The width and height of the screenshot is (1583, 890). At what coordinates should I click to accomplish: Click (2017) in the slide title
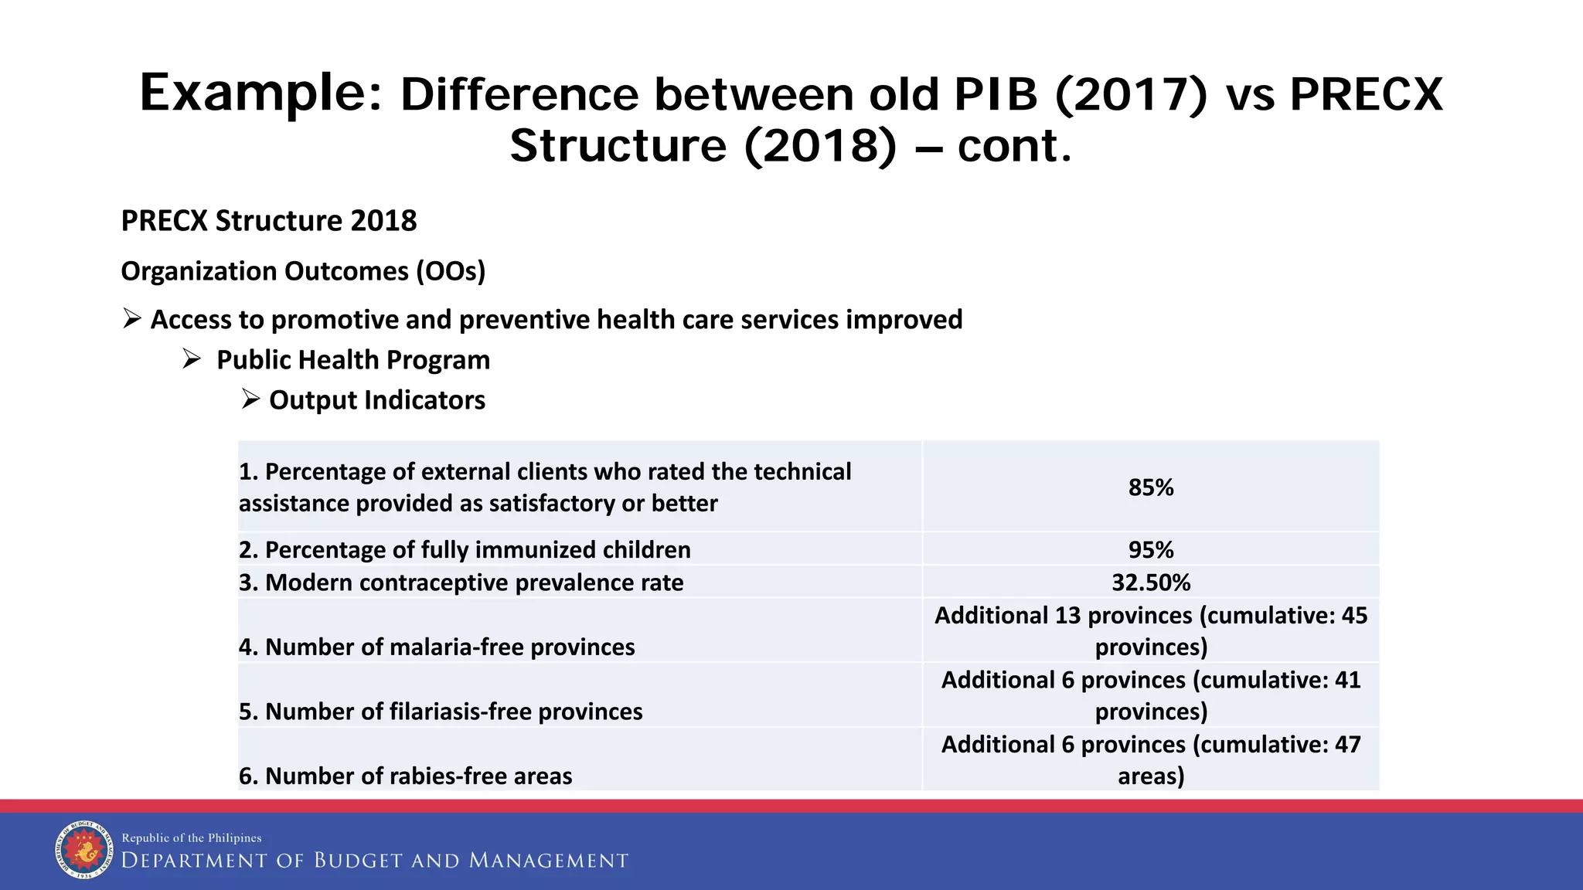click(1130, 94)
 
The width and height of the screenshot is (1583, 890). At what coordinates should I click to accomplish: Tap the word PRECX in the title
click(1366, 94)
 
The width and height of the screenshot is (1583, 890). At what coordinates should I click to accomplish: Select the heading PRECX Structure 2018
click(269, 221)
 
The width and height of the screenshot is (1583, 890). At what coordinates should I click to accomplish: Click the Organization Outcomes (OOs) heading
click(303, 271)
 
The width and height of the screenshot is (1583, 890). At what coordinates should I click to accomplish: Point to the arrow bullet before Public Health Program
click(192, 359)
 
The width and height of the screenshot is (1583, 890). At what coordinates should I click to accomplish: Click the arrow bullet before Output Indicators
click(250, 399)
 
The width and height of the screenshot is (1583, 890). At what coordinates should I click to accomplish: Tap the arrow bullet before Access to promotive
click(132, 318)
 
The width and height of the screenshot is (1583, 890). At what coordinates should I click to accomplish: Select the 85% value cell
click(1150, 487)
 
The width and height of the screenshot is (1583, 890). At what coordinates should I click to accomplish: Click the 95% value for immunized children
click(1150, 550)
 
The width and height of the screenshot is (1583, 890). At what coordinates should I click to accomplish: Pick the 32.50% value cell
click(1150, 583)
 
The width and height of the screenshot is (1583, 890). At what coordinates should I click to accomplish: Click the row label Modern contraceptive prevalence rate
click(461, 583)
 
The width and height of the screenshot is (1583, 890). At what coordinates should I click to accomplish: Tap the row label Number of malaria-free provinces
click(437, 647)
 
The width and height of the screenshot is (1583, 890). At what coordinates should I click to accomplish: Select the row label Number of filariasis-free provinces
click(441, 712)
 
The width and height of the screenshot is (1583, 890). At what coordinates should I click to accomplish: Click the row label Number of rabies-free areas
click(406, 776)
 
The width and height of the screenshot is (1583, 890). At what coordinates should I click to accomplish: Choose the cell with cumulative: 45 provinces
click(1150, 630)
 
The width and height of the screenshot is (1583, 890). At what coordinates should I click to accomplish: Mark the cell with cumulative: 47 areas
click(1150, 759)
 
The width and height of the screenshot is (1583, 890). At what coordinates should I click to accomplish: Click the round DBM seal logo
click(84, 850)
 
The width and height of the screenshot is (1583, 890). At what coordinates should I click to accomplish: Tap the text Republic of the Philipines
click(192, 838)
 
